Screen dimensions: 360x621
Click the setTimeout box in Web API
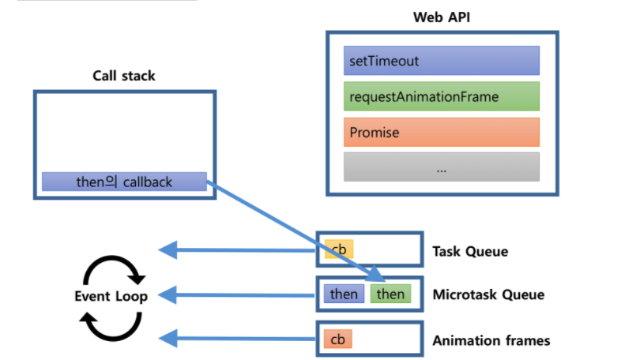pos(441,60)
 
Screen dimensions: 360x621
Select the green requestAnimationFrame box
pos(441,96)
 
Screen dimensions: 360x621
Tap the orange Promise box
pos(441,132)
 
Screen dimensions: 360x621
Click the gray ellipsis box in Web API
pos(441,167)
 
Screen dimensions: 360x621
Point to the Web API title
pos(442,17)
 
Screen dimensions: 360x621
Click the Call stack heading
pos(124,77)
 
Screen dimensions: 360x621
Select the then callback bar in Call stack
pos(124,182)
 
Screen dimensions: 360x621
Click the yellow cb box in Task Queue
pos(338,250)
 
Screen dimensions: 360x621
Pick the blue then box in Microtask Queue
pos(344,294)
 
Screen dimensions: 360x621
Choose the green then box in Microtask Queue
pos(390,294)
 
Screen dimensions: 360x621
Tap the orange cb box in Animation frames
pos(337,339)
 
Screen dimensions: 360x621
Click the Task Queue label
pos(469,252)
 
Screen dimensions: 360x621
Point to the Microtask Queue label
pos(488,295)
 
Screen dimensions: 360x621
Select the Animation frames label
pos(491,341)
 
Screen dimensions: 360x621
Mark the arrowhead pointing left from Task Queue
pos(167,250)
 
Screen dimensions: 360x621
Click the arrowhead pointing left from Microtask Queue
pos(167,295)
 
